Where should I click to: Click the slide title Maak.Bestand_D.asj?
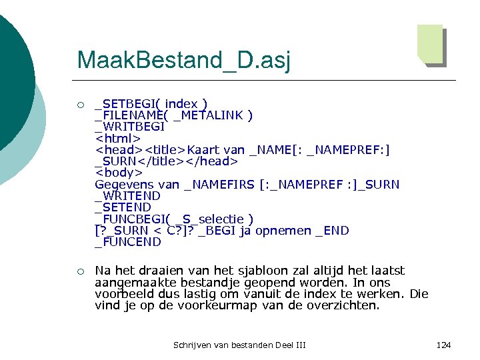pyautogui.click(x=183, y=60)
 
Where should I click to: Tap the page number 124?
pyautogui.click(x=443, y=345)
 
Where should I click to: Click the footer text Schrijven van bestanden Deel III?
pyautogui.click(x=239, y=345)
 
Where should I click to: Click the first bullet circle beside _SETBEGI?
pyautogui.click(x=80, y=105)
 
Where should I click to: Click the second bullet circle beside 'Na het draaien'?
pyautogui.click(x=80, y=271)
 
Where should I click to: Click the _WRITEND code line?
pyautogui.click(x=127, y=196)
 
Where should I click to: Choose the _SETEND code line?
pyautogui.click(x=123, y=207)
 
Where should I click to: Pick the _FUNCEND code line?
pyautogui.click(x=128, y=242)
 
